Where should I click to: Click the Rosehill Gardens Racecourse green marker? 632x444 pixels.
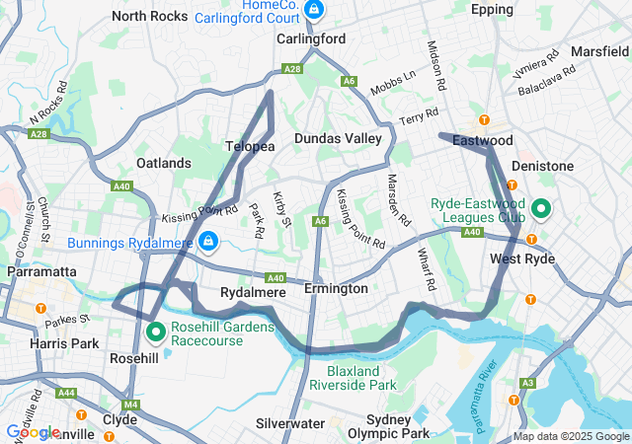click(155, 332)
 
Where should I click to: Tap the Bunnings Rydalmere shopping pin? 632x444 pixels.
click(208, 241)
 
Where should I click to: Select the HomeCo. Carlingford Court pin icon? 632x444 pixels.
click(313, 10)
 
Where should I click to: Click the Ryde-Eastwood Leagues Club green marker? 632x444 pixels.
click(541, 209)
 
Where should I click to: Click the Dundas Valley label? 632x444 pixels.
click(337, 139)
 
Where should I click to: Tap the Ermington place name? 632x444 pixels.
click(336, 288)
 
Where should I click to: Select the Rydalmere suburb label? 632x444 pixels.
click(253, 293)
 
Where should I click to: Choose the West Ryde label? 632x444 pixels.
click(522, 259)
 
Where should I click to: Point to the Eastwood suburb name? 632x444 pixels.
click(483, 142)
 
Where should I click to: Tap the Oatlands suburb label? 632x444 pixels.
click(164, 163)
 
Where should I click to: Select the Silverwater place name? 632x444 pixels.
click(289, 423)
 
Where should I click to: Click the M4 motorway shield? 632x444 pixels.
click(132, 405)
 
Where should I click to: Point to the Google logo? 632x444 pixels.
click(32, 431)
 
